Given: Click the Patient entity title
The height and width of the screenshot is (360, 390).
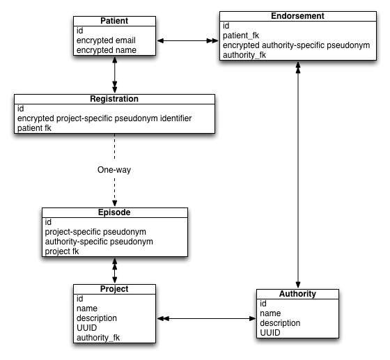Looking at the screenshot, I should pyautogui.click(x=114, y=21).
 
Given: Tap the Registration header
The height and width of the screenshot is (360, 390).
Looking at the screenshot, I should pyautogui.click(x=114, y=99).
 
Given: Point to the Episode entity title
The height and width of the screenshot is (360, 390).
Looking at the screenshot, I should pyautogui.click(x=114, y=212).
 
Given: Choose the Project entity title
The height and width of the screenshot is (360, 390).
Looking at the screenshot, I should pyautogui.click(x=114, y=289).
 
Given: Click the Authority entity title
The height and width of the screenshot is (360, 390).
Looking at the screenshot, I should pyautogui.click(x=297, y=294).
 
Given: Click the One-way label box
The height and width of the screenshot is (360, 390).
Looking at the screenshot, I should pyautogui.click(x=114, y=170).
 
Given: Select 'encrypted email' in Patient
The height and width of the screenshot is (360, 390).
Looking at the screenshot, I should pyautogui.click(x=106, y=40).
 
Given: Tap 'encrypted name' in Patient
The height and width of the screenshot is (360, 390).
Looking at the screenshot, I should pyautogui.click(x=106, y=50).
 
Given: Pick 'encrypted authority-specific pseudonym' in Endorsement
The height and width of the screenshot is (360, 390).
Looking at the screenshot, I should pyautogui.click(x=295, y=45).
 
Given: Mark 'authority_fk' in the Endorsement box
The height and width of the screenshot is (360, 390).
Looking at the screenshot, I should pyautogui.click(x=244, y=55).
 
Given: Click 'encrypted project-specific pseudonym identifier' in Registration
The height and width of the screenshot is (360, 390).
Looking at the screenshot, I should pyautogui.click(x=104, y=118).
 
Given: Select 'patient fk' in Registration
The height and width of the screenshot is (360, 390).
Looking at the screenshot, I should pyautogui.click(x=34, y=128).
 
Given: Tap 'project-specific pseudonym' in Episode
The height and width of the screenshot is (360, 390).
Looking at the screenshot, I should pyautogui.click(x=95, y=232).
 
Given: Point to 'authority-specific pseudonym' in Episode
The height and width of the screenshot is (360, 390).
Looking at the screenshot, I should pyautogui.click(x=99, y=242).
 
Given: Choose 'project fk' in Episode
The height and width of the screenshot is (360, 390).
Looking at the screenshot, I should pyautogui.click(x=62, y=251).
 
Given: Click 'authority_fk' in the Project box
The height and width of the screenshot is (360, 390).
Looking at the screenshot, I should pyautogui.click(x=98, y=338).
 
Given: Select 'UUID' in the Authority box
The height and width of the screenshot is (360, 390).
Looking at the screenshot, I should pyautogui.click(x=270, y=333).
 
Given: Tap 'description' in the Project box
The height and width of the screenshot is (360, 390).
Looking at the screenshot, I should pyautogui.click(x=97, y=318).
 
